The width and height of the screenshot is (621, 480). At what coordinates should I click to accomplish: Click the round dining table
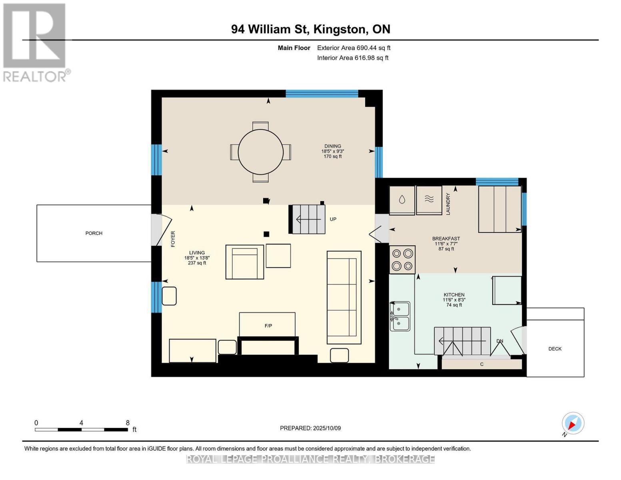point(260,152)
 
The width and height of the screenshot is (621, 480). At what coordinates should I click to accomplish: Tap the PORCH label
point(94,233)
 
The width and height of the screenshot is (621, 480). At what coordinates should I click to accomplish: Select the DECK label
point(555,349)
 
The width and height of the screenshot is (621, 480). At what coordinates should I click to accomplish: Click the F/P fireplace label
point(268,326)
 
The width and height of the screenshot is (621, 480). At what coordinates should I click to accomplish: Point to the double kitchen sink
point(400,316)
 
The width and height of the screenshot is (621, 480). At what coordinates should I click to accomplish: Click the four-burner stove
point(402,260)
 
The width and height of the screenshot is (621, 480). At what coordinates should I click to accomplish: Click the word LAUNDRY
point(448,204)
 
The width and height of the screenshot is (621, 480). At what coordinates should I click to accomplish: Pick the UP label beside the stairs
point(333,219)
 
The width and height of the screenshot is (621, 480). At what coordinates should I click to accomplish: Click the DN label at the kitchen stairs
point(499,341)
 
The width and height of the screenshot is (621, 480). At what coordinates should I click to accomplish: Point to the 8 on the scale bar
point(128,423)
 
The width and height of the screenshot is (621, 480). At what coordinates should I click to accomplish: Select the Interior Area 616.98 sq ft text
point(353,58)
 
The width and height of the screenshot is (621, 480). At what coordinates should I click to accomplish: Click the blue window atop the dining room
point(321,94)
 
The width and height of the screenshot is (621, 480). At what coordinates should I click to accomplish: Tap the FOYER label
point(173,239)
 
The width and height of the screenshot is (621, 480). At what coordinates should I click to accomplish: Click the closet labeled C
point(481,364)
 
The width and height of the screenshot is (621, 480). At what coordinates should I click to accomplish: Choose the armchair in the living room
point(244,262)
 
